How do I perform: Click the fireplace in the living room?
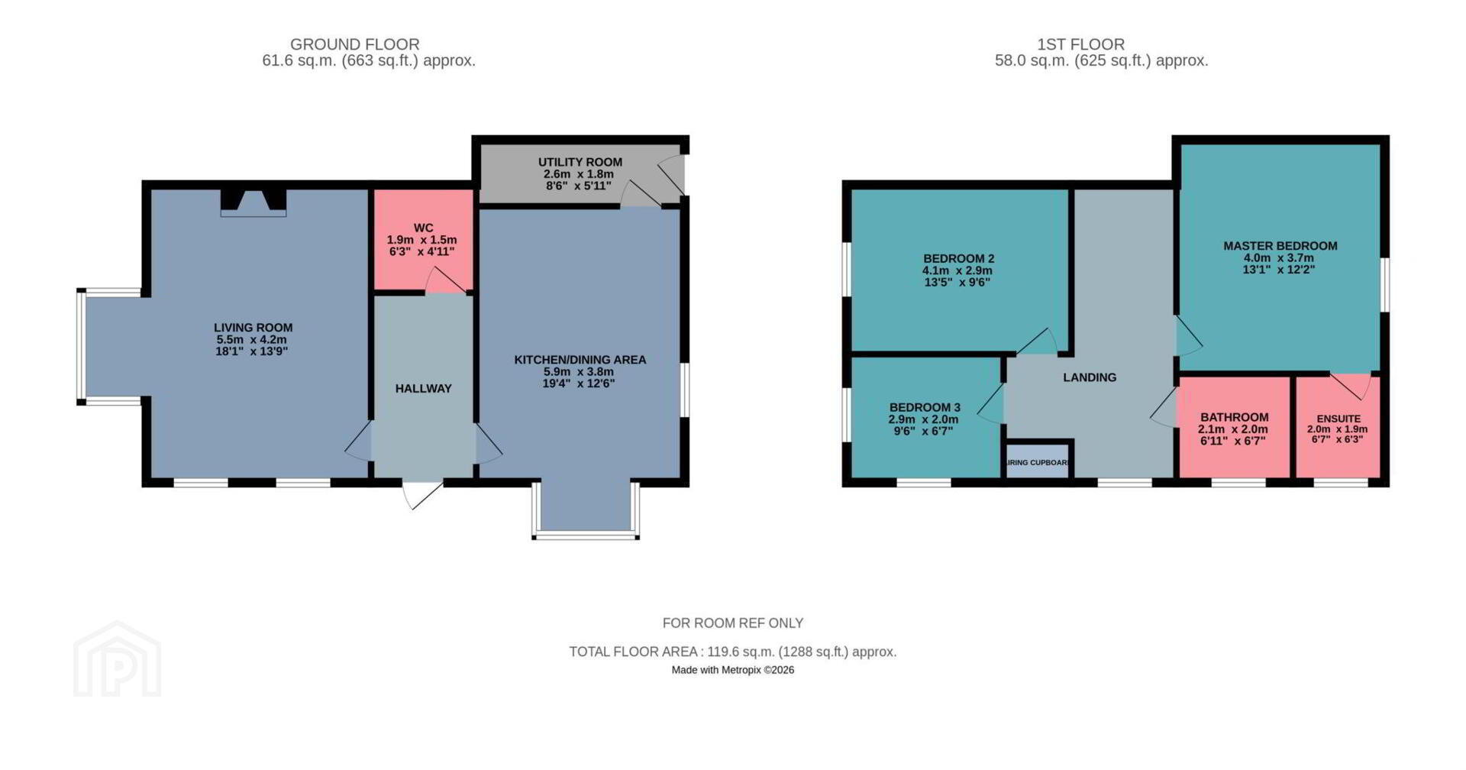(253, 202)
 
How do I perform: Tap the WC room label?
(423, 228)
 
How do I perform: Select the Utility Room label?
(580, 162)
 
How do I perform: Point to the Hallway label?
(424, 389)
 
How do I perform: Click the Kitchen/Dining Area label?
(580, 360)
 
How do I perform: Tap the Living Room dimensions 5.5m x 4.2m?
(252, 340)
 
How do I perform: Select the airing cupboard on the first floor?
(1037, 461)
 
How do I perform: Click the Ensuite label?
(1338, 419)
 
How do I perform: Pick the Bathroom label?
(1235, 417)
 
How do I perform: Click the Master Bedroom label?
(1280, 246)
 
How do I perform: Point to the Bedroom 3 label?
(925, 408)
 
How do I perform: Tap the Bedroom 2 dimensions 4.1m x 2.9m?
(957, 270)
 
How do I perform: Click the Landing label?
(1090, 377)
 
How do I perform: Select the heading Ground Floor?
(355, 44)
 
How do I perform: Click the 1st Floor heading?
(1080, 44)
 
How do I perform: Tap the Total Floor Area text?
(733, 652)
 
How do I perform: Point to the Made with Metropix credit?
(733, 670)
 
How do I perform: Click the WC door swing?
(445, 280)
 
